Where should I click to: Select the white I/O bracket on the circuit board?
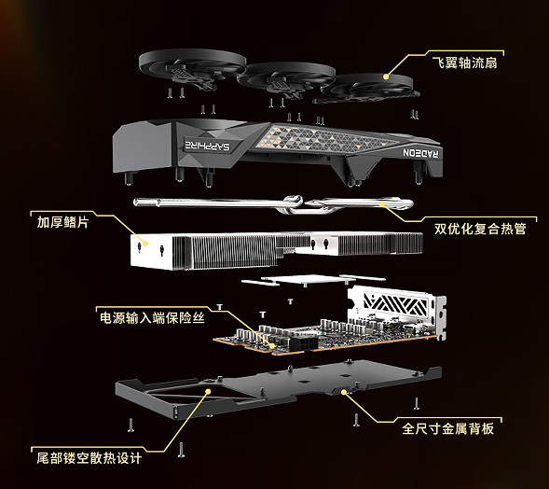(x=396, y=307)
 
